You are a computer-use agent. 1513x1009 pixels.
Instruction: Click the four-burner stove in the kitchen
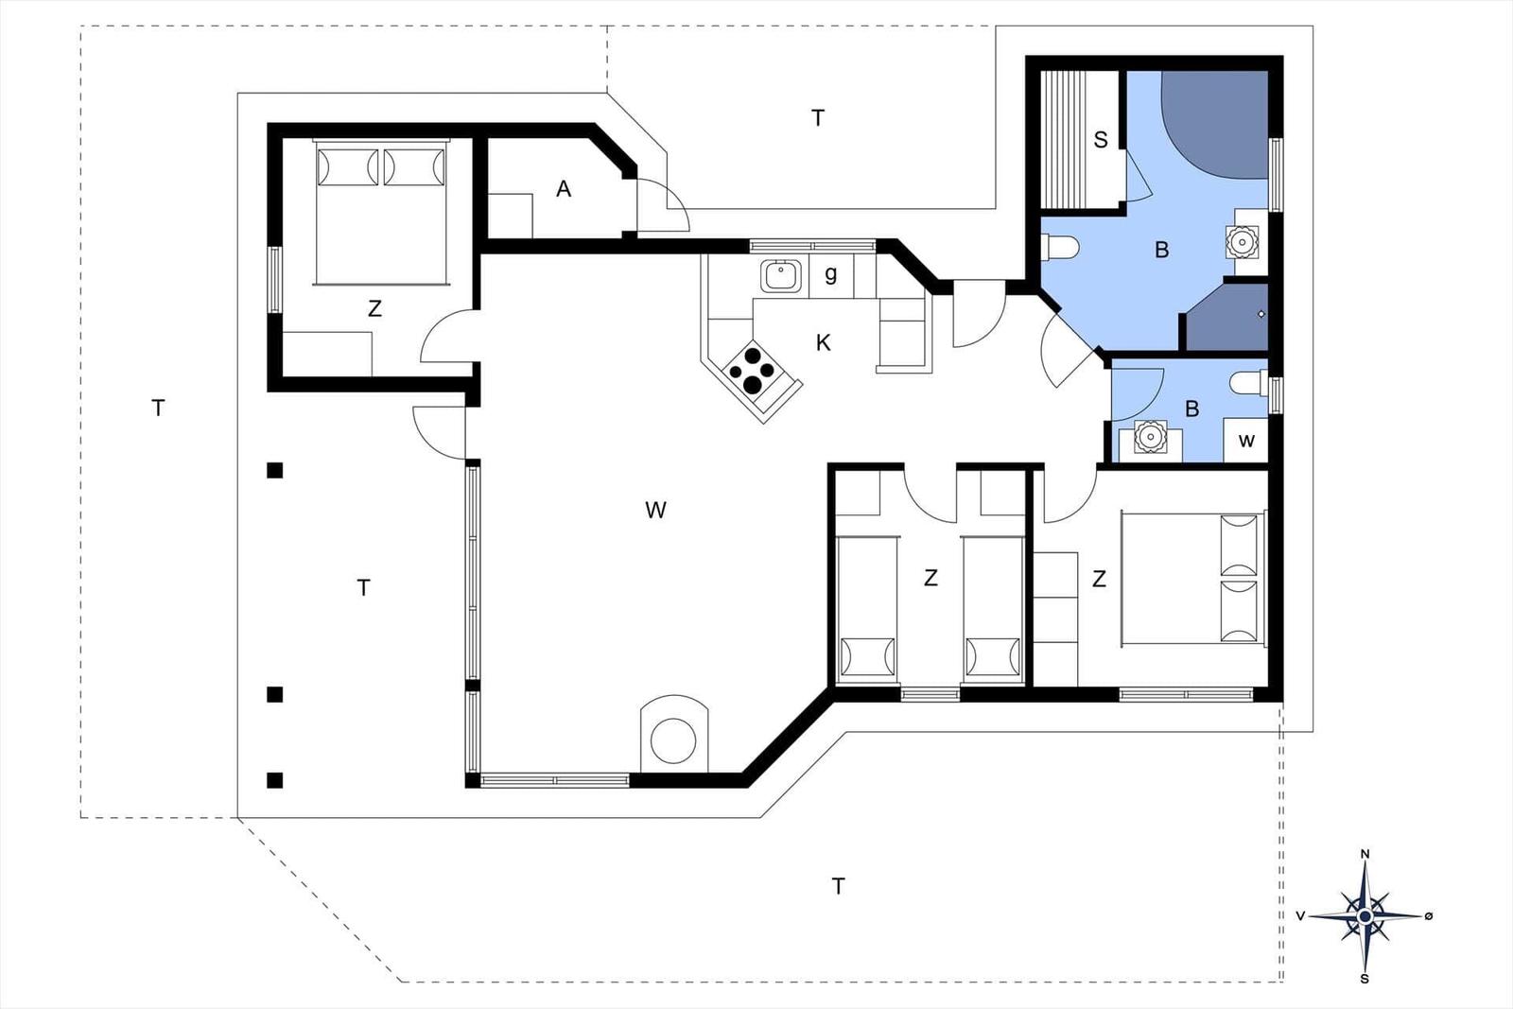pos(751,370)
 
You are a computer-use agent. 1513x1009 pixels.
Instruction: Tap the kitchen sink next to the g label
pos(781,275)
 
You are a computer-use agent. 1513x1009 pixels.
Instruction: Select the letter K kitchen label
pos(823,343)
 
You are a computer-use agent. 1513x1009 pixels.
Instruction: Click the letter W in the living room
pos(655,510)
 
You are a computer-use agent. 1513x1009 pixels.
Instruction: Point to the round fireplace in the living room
pos(673,740)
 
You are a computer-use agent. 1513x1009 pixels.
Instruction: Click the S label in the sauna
pos(1101,140)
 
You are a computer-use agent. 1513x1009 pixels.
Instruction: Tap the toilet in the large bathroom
pos(1060,247)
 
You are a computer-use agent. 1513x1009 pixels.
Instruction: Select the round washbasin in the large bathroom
pos(1243,241)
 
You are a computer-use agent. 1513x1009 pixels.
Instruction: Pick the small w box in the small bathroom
pos(1246,441)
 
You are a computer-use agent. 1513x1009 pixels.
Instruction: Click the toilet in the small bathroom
pos(1249,384)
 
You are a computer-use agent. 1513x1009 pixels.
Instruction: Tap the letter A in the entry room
pos(564,189)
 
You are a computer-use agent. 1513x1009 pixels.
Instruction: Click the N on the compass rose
pos(1365,854)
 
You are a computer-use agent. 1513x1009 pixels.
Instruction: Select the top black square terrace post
pos(274,471)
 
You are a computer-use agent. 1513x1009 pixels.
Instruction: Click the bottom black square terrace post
pos(274,780)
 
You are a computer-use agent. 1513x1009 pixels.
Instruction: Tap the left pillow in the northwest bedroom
pos(348,166)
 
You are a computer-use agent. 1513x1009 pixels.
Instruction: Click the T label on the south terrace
pos(838,886)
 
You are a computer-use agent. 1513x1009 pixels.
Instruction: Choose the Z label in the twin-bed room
pos(930,578)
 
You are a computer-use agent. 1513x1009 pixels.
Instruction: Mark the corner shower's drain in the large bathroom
pos(1261,314)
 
